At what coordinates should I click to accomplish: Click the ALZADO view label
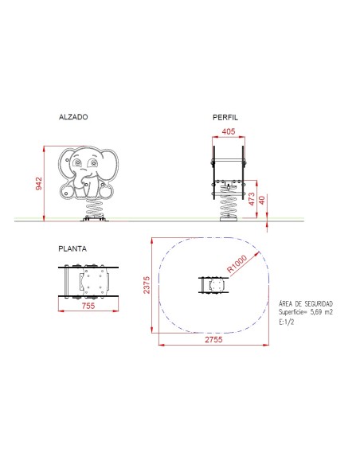(x=73, y=117)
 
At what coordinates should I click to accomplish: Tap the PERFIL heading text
(x=225, y=117)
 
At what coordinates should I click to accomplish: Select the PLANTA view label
(x=72, y=248)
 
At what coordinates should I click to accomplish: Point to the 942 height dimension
(x=38, y=184)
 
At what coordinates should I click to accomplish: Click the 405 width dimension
(x=228, y=131)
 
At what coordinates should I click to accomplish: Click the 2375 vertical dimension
(x=147, y=285)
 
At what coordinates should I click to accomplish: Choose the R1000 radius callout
(x=237, y=264)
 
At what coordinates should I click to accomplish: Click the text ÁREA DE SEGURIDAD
(x=306, y=304)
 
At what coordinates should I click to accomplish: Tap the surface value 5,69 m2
(x=306, y=313)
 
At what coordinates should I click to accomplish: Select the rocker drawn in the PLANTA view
(x=88, y=281)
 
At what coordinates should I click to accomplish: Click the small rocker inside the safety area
(x=212, y=285)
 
